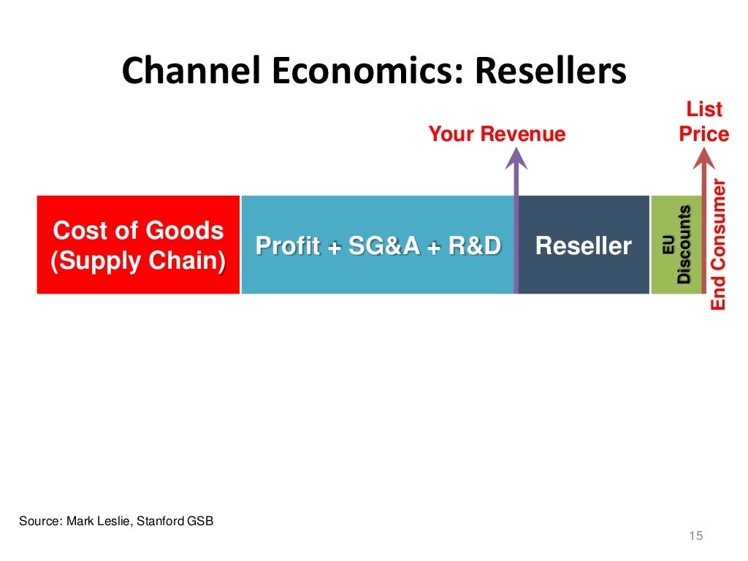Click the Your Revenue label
tap(497, 134)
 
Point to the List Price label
tap(703, 122)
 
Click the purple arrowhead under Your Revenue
tap(516, 159)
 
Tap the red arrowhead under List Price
tap(703, 159)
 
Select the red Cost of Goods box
tap(138, 245)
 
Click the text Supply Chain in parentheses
tap(138, 262)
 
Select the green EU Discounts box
tap(675, 245)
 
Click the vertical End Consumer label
tap(719, 245)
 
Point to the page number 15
tap(695, 537)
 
